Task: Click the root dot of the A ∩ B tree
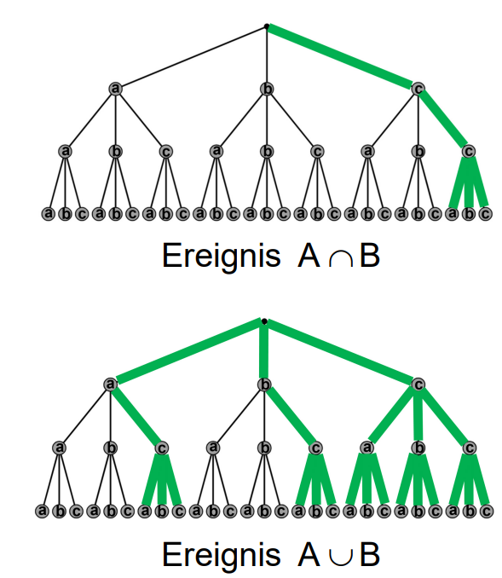[x=267, y=26]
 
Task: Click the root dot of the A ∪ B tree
[x=264, y=321]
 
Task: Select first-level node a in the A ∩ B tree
[x=116, y=89]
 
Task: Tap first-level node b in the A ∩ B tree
[x=267, y=89]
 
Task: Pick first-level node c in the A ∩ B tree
[x=418, y=89]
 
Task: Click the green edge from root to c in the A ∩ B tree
[x=340, y=56]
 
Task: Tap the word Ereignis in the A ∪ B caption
[x=221, y=555]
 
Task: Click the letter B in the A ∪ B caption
[x=370, y=555]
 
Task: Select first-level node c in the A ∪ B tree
[x=418, y=384]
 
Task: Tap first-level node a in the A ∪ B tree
[x=110, y=384]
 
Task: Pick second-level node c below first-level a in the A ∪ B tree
[x=161, y=448]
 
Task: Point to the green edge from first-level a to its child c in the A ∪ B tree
[x=136, y=416]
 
